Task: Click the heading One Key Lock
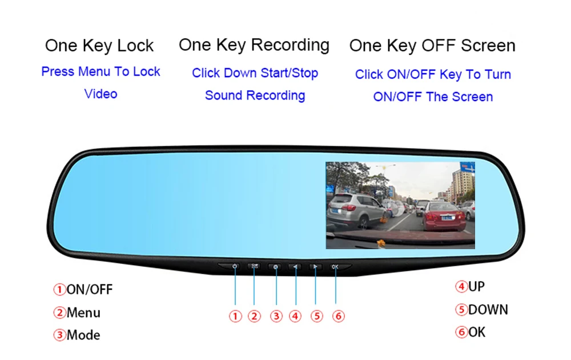[99, 46]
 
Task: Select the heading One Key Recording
[254, 45]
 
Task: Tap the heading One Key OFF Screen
[432, 46]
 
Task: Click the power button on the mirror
[235, 266]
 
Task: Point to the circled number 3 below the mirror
[276, 316]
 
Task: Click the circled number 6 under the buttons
[338, 316]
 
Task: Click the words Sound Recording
[255, 95]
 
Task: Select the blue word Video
[100, 94]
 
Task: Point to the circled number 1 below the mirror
[235, 316]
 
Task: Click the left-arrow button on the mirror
[296, 266]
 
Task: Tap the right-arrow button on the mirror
[315, 266]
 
